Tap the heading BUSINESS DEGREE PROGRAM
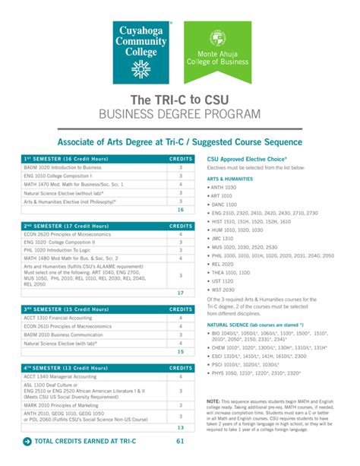coord(179,114)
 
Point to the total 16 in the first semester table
coord(181,209)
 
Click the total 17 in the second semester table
coord(181,293)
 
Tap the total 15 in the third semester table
coord(181,352)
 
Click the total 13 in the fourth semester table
coord(181,428)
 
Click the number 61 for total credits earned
coord(181,442)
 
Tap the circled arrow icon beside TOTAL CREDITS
coord(27,442)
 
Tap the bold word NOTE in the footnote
coord(213,401)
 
